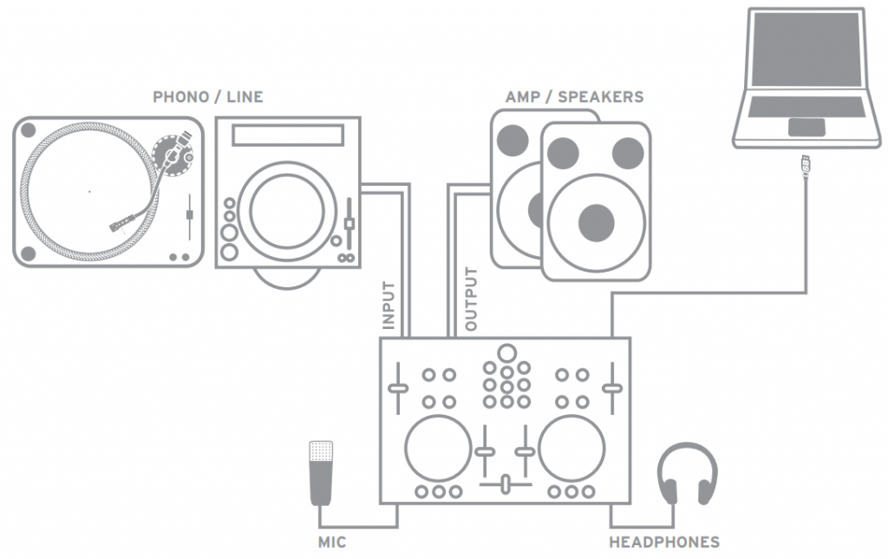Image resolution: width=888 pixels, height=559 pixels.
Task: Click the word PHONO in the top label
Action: pyautogui.click(x=180, y=97)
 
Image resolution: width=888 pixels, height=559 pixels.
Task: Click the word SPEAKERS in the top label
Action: pyautogui.click(x=601, y=97)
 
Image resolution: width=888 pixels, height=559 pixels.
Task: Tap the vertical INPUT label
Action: pyautogui.click(x=388, y=305)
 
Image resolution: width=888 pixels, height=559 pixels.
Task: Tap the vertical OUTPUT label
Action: pyautogui.click(x=471, y=299)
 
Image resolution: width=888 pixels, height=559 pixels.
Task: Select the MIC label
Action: pyautogui.click(x=332, y=543)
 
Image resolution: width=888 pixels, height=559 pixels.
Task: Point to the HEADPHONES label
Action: pyautogui.click(x=664, y=543)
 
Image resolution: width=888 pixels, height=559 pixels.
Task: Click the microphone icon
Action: pyautogui.click(x=321, y=473)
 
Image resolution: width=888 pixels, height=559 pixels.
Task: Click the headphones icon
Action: pyautogui.click(x=688, y=473)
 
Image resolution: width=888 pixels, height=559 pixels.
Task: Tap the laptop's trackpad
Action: pyautogui.click(x=806, y=127)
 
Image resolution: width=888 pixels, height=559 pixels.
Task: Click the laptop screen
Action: pyautogui.click(x=806, y=49)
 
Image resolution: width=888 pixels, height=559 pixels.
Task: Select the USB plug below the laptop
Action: pyautogui.click(x=806, y=166)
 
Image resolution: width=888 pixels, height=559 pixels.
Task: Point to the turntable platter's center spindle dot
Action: pyautogui.click(x=89, y=192)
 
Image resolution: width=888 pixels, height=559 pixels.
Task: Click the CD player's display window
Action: pyautogui.click(x=288, y=135)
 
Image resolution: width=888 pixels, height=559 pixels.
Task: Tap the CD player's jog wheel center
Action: pyautogui.click(x=286, y=211)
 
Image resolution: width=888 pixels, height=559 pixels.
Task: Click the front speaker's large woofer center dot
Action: pyautogui.click(x=597, y=223)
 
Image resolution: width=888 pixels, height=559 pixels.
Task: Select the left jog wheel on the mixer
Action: pyautogui.click(x=438, y=449)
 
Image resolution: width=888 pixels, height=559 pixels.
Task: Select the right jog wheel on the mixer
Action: pyautogui.click(x=571, y=449)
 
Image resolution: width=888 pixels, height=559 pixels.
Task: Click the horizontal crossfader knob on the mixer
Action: pyautogui.click(x=506, y=484)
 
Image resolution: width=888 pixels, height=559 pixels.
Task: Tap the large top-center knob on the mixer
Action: pyautogui.click(x=506, y=353)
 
